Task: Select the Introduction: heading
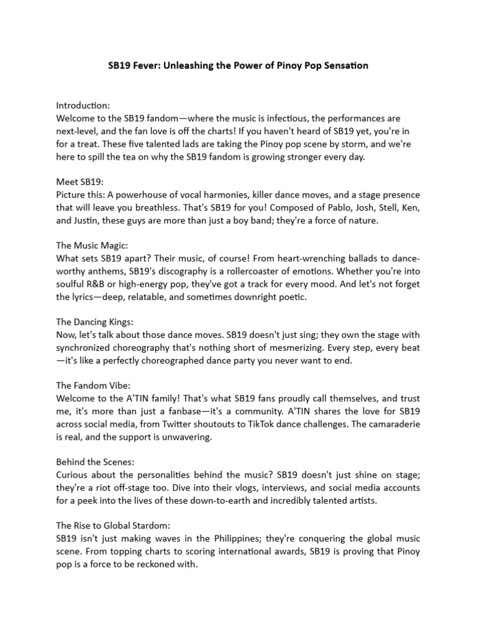click(83, 106)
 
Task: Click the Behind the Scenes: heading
click(92, 463)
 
